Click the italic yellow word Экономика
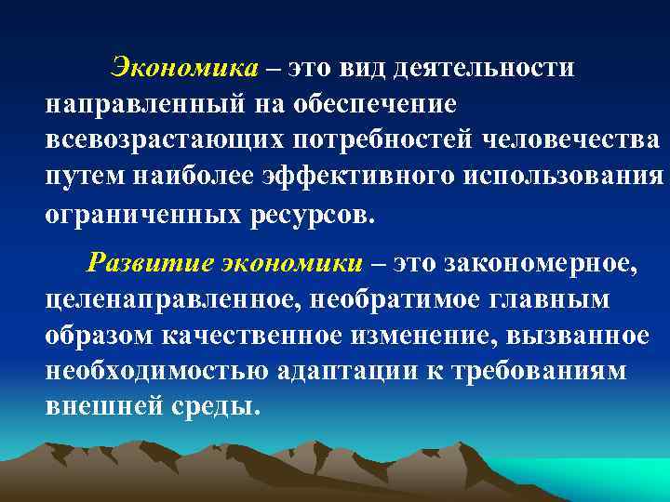(183, 68)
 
